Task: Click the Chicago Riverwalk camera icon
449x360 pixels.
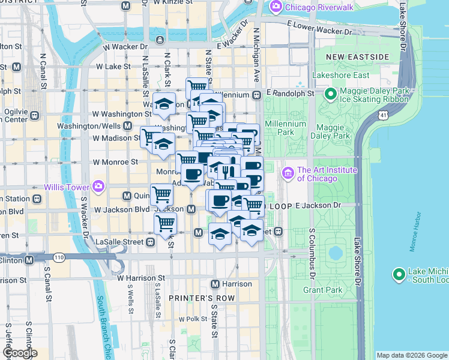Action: coord(276,7)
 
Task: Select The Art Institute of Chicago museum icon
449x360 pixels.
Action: coord(288,174)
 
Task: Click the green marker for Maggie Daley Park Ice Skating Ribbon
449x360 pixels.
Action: coord(330,94)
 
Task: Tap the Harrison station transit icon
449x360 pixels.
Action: coord(216,284)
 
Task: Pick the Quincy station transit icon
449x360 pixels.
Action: coord(127,196)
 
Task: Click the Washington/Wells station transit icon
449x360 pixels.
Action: coord(127,126)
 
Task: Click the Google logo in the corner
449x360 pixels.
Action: coord(19,353)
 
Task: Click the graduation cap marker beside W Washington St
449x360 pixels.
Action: coord(163,106)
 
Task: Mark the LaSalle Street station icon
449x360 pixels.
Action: coord(150,242)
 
